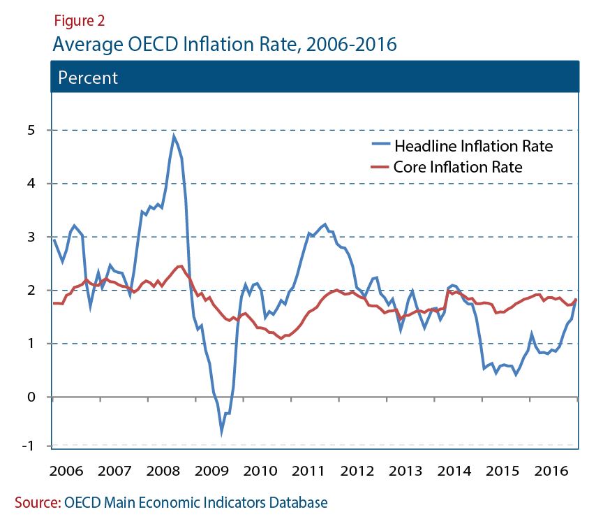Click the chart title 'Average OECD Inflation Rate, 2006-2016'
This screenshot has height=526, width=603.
point(224,44)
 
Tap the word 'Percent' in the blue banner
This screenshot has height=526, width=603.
point(88,78)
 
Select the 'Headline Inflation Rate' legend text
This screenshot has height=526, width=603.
point(474,147)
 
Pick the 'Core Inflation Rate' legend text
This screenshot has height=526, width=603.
point(458,167)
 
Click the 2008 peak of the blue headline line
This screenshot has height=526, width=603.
point(173,136)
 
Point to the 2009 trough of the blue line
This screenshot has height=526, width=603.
point(222,432)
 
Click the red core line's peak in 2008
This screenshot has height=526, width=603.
point(180,265)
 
